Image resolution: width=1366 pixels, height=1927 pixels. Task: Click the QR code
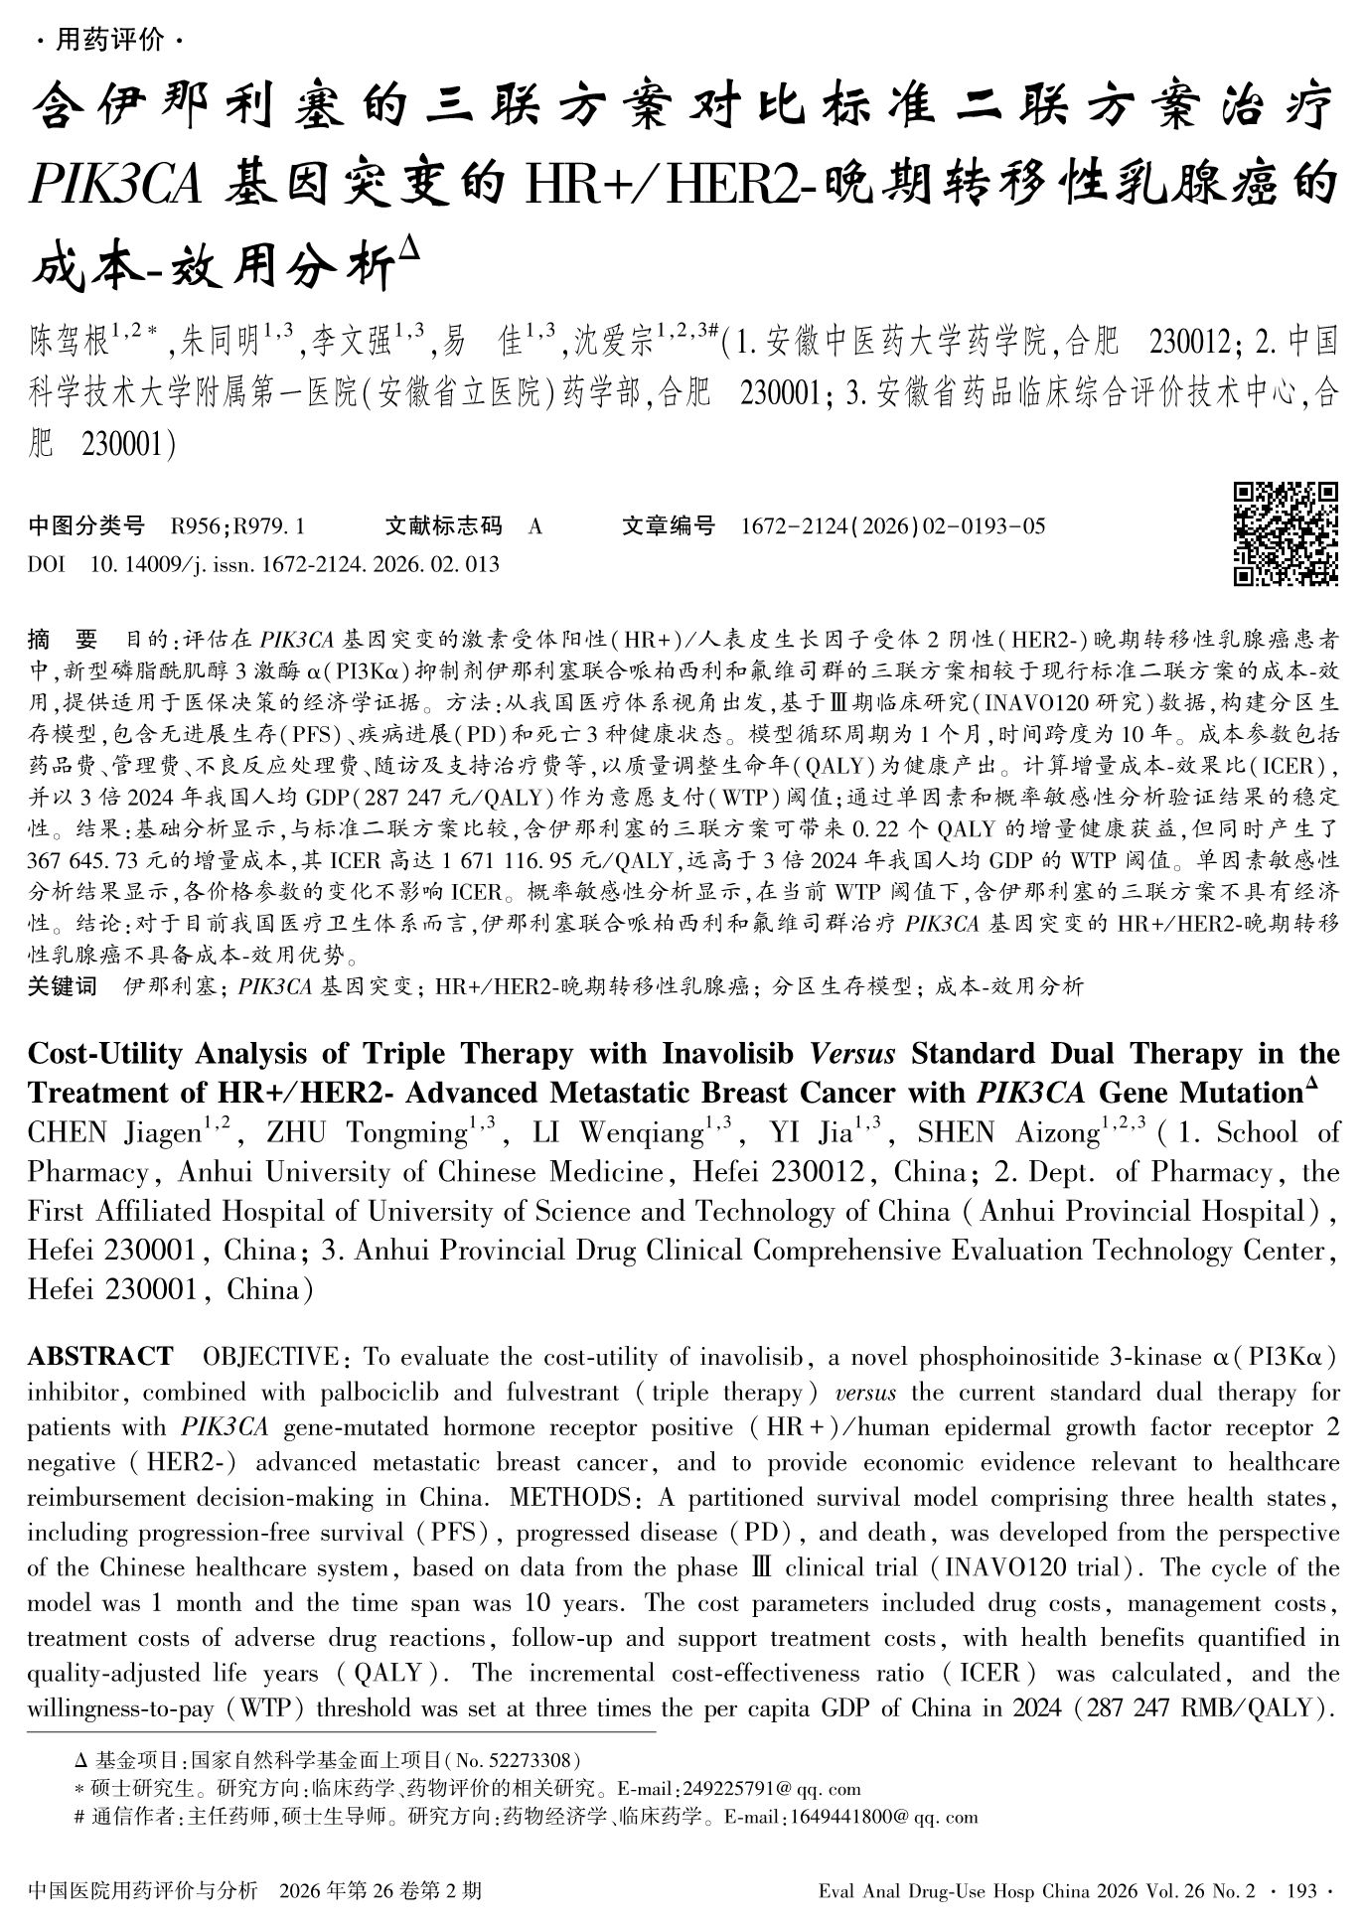pos(1287,533)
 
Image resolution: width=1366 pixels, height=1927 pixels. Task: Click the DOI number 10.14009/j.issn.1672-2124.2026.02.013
pos(295,564)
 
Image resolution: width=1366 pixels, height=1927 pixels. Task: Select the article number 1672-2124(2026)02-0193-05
pos(893,526)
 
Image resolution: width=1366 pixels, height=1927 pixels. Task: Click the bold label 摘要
pos(64,638)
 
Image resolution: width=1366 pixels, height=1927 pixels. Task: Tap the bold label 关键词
pos(63,986)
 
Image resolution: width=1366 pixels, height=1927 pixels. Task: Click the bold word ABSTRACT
pos(99,1357)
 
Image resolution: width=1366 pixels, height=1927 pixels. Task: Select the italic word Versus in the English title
pos(854,1053)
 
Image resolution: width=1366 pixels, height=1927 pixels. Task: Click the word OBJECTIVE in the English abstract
pos(270,1357)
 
